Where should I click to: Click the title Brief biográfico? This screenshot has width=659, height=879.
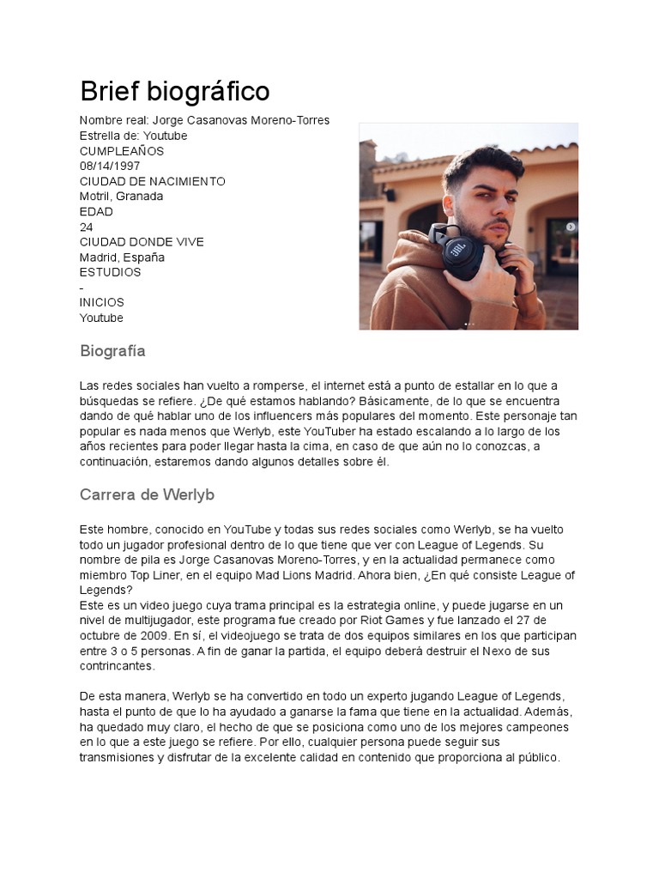(174, 91)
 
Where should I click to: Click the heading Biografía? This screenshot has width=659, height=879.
(112, 351)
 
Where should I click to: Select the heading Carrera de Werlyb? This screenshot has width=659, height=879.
(147, 495)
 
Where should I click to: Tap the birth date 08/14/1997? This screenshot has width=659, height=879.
(110, 166)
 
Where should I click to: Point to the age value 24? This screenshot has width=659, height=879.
(87, 227)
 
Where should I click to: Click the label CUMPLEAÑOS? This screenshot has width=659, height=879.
(122, 151)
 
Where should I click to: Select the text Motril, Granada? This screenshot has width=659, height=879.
(121, 197)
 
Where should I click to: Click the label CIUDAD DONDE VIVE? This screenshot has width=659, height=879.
(142, 242)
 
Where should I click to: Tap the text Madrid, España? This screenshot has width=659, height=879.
(122, 258)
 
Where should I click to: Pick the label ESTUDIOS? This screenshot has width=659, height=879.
(110, 272)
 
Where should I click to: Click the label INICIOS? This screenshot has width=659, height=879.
(101, 302)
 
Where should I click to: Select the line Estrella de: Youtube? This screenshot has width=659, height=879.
(133, 136)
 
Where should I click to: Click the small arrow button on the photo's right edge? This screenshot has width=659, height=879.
(571, 227)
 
